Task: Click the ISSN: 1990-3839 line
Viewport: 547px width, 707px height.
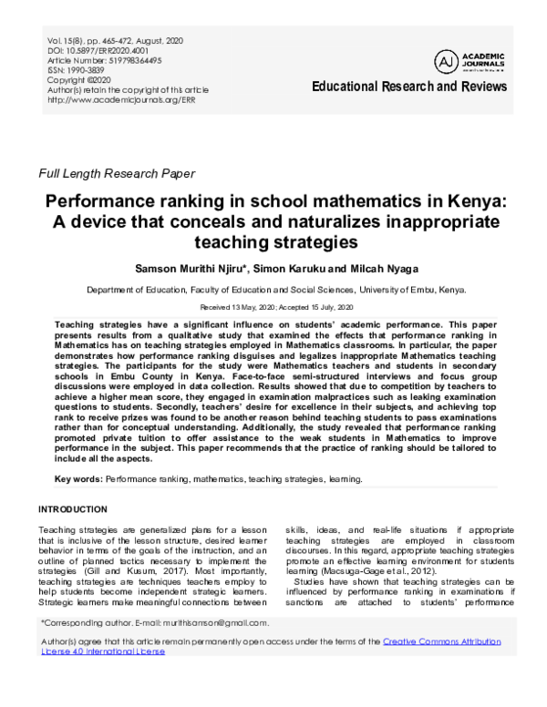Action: click(x=78, y=70)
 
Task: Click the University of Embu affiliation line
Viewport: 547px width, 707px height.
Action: click(x=273, y=290)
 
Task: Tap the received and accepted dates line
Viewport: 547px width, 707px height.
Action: click(x=273, y=308)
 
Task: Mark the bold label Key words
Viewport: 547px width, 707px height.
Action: click(x=78, y=478)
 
